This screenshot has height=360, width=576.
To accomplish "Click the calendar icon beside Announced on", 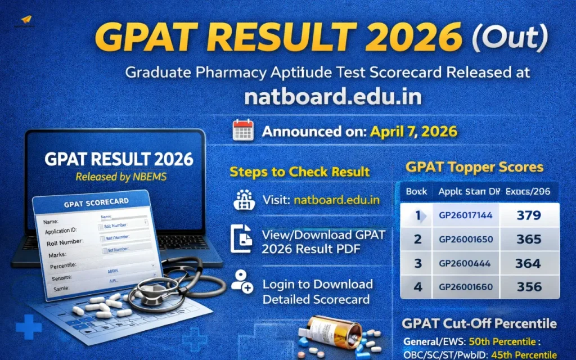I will pyautogui.click(x=243, y=131).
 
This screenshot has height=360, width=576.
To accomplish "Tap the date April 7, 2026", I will pyautogui.click(x=413, y=132).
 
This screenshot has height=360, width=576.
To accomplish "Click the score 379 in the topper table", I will pyautogui.click(x=528, y=215).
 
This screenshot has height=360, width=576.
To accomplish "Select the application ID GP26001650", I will pyautogui.click(x=466, y=239).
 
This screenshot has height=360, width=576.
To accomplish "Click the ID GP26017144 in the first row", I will pyautogui.click(x=466, y=215).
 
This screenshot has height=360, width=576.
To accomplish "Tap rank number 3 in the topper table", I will pyautogui.click(x=417, y=263).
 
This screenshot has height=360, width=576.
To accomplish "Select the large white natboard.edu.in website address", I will pyautogui.click(x=333, y=97).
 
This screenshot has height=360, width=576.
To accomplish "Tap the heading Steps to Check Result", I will pyautogui.click(x=299, y=172).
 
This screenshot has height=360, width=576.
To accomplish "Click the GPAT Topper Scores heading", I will pyautogui.click(x=474, y=167).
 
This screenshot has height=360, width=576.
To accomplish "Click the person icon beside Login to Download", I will pyautogui.click(x=242, y=281).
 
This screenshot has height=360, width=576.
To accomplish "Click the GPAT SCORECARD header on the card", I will pyautogui.click(x=96, y=201).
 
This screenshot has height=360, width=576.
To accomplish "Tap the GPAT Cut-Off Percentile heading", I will pyautogui.click(x=479, y=323).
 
